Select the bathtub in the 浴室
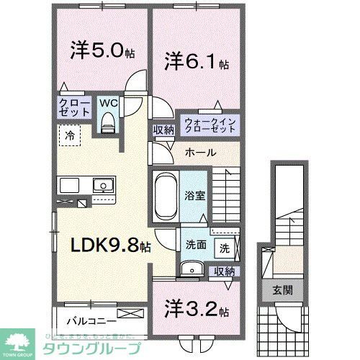(x=166, y=195)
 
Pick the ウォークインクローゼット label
(x=210, y=125)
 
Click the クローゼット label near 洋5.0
(x=74, y=108)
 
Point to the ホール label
(x=199, y=153)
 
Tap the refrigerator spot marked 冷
(x=70, y=135)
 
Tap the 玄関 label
(x=282, y=290)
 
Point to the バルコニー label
(x=88, y=318)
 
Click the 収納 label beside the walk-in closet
(x=162, y=130)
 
